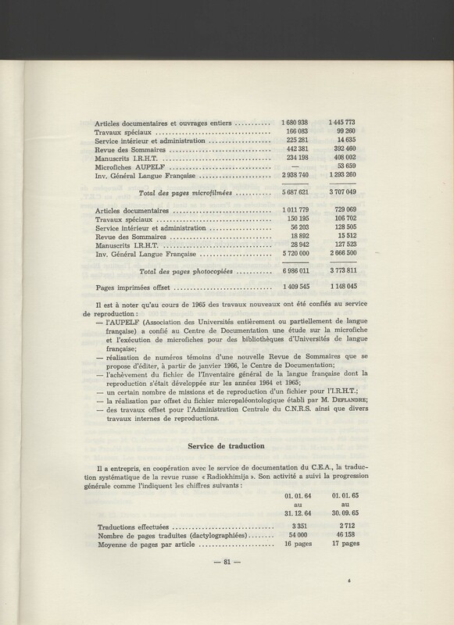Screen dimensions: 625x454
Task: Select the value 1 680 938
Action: pyautogui.click(x=298, y=123)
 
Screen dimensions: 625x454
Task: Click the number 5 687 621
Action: pyautogui.click(x=298, y=191)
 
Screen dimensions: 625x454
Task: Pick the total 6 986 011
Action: pyautogui.click(x=298, y=272)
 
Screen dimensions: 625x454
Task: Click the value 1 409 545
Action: pyautogui.click(x=298, y=288)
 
